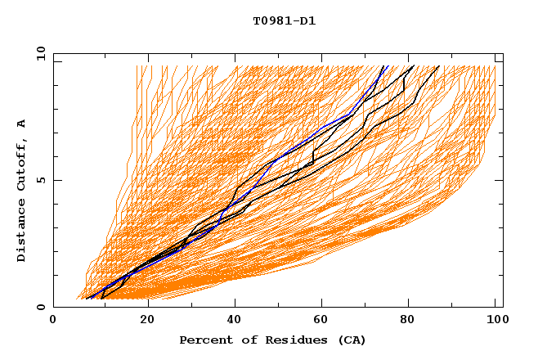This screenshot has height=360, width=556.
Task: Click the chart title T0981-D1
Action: tap(284, 21)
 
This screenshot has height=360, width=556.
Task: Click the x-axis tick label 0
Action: tap(53, 320)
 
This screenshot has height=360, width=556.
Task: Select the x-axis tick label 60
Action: tap(324, 320)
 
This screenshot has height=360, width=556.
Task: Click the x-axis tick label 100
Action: tap(497, 320)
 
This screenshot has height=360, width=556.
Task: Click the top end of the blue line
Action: tap(388, 65)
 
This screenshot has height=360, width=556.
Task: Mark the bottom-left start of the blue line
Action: tap(87, 299)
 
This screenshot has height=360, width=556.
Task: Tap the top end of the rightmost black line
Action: tap(439, 65)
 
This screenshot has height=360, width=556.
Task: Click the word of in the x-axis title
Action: tap(240, 340)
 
